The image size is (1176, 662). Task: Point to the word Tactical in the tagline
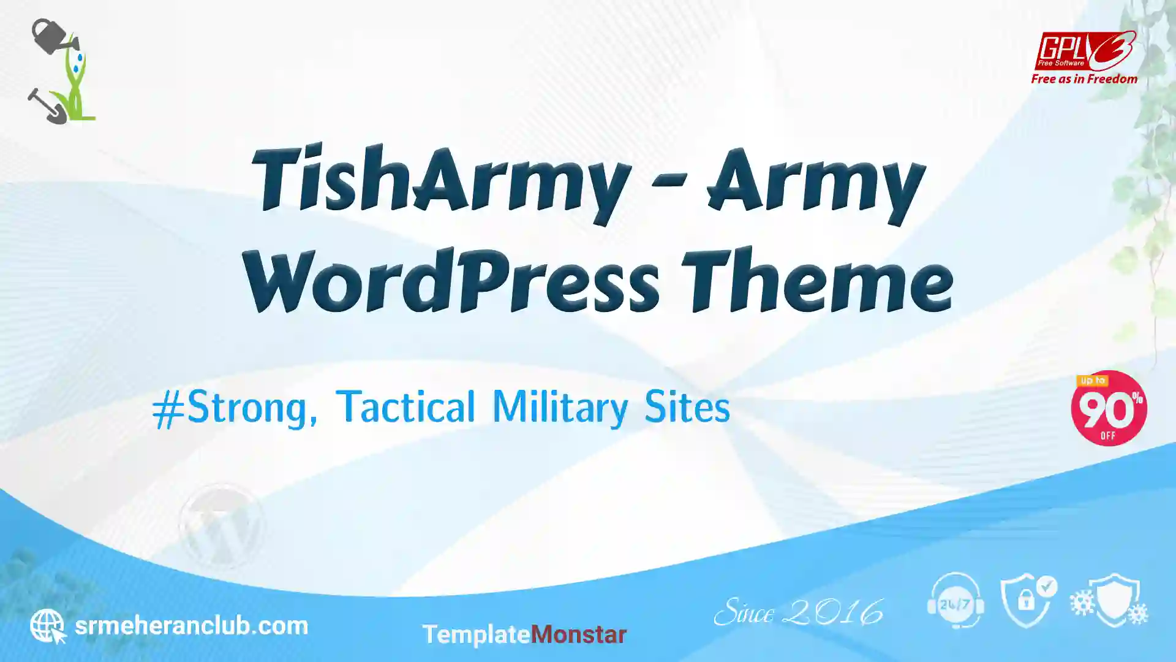pyautogui.click(x=405, y=406)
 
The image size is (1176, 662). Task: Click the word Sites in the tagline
pyautogui.click(x=687, y=406)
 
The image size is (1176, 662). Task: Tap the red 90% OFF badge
pyautogui.click(x=1109, y=408)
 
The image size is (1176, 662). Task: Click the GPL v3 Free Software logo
pyautogui.click(x=1085, y=50)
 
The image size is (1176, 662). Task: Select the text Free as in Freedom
pyautogui.click(x=1084, y=79)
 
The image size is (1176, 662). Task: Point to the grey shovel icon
pyautogui.click(x=47, y=106)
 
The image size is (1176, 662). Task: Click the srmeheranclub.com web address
pyautogui.click(x=191, y=626)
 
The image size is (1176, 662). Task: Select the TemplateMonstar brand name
pyautogui.click(x=524, y=634)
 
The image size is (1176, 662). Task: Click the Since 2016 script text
pyautogui.click(x=799, y=612)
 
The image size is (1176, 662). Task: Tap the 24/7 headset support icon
pyautogui.click(x=956, y=601)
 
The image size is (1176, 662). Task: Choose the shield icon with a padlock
pyautogui.click(x=1028, y=601)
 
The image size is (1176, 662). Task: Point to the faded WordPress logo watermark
pyautogui.click(x=221, y=526)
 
